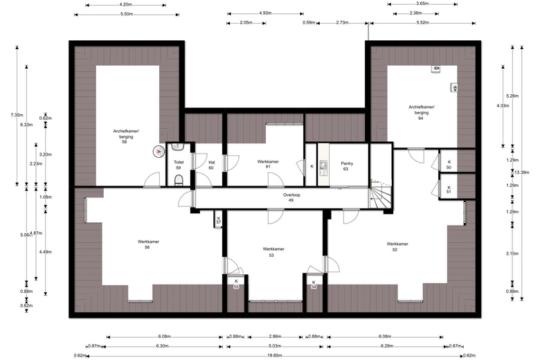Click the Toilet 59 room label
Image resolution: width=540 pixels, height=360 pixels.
pyautogui.click(x=179, y=165)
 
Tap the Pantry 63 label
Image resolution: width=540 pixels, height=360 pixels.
pyautogui.click(x=346, y=166)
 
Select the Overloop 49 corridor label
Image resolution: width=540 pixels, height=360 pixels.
pyautogui.click(x=291, y=197)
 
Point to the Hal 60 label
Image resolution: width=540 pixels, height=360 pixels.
pyautogui.click(x=211, y=165)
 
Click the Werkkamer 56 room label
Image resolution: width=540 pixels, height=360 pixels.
pyautogui.click(x=148, y=244)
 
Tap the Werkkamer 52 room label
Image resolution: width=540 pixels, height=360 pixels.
pyautogui.click(x=397, y=246)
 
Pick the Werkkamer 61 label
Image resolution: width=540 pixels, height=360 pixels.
pyautogui.click(x=268, y=164)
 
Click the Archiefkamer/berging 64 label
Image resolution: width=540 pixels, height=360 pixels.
pyautogui.click(x=422, y=112)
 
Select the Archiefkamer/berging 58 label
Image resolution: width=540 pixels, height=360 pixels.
pyautogui.click(x=126, y=136)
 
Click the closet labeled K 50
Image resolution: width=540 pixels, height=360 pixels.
pyautogui.click(x=449, y=165)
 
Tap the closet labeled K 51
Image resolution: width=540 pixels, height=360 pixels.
pyautogui.click(x=449, y=190)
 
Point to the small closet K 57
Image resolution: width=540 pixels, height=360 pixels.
pyautogui.click(x=219, y=220)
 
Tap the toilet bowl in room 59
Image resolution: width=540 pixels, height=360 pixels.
pyautogui.click(x=179, y=180)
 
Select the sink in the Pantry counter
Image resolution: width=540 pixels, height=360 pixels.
pyautogui.click(x=323, y=168)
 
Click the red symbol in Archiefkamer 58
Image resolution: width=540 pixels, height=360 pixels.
pyautogui.click(x=159, y=151)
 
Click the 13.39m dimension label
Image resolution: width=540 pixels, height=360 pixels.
pyautogui.click(x=521, y=172)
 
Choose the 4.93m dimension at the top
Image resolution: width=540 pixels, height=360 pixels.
pyautogui.click(x=265, y=13)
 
